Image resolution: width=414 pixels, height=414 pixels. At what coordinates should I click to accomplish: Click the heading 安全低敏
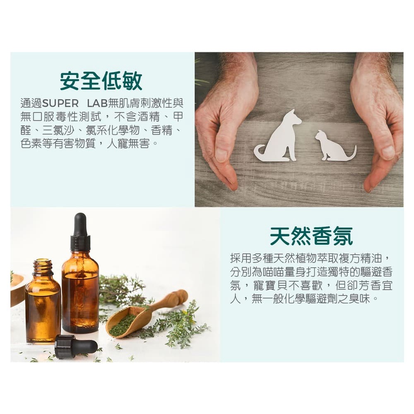(101, 81)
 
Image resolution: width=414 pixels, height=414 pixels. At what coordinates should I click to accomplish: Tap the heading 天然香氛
(312, 236)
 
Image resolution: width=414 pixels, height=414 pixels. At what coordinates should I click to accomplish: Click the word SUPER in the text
(60, 103)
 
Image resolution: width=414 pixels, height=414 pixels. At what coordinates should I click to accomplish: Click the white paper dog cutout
(280, 139)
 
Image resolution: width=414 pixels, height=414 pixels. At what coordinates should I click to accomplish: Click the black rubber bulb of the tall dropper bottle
(80, 224)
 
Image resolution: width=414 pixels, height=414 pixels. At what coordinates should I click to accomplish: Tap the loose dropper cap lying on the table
(76, 346)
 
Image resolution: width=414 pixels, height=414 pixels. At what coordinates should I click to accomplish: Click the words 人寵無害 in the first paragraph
(128, 144)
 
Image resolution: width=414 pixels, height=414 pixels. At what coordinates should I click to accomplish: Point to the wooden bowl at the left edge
(17, 288)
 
